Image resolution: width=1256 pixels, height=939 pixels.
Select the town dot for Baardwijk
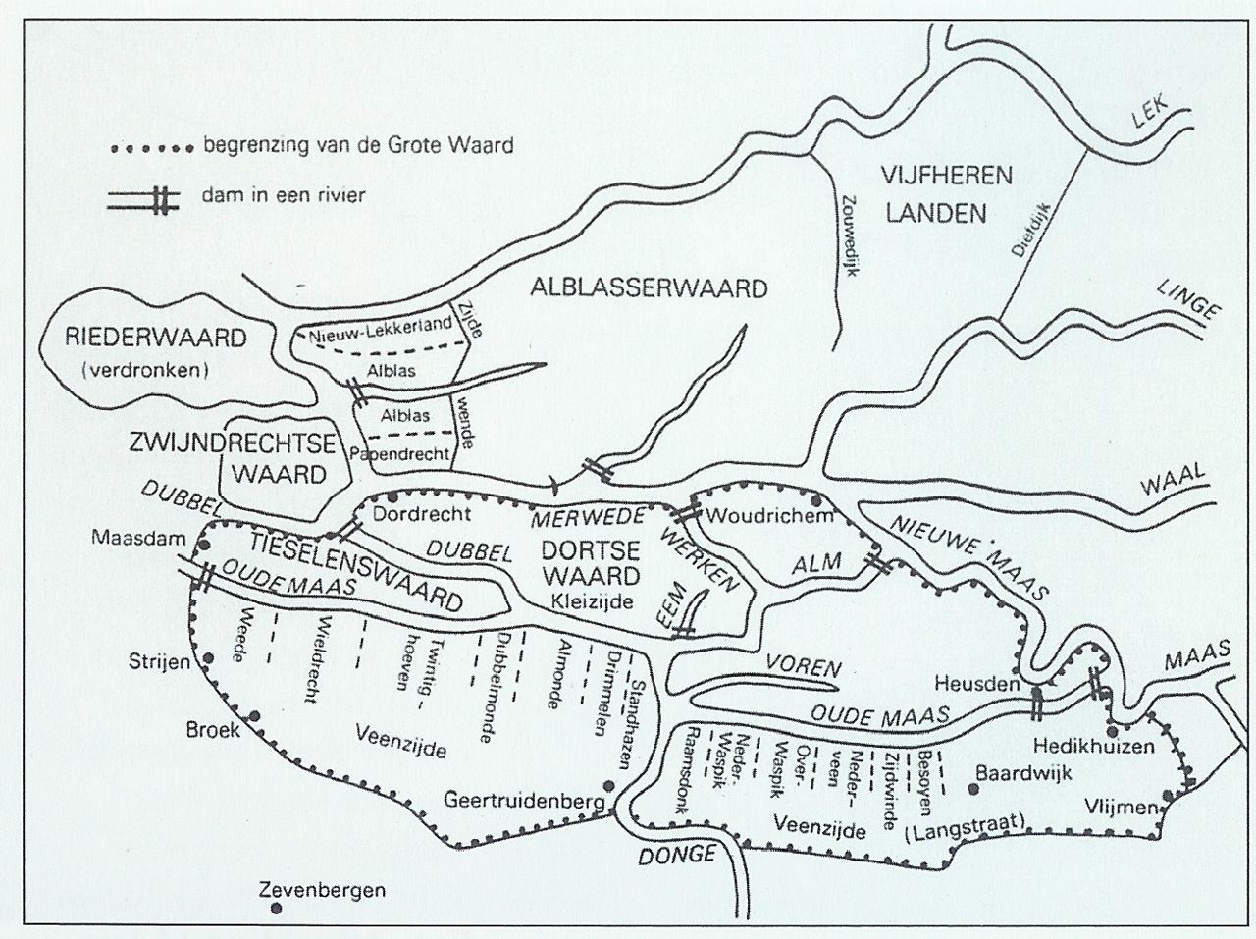click(973, 788)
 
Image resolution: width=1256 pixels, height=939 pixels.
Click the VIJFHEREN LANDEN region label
click(933, 194)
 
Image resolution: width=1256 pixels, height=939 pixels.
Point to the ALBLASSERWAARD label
click(648, 287)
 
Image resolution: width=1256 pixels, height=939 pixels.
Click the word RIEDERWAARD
click(155, 339)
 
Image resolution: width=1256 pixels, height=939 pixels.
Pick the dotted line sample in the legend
click(147, 149)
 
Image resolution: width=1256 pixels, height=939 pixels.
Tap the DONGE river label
click(677, 855)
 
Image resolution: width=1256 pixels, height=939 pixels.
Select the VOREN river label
click(804, 668)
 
